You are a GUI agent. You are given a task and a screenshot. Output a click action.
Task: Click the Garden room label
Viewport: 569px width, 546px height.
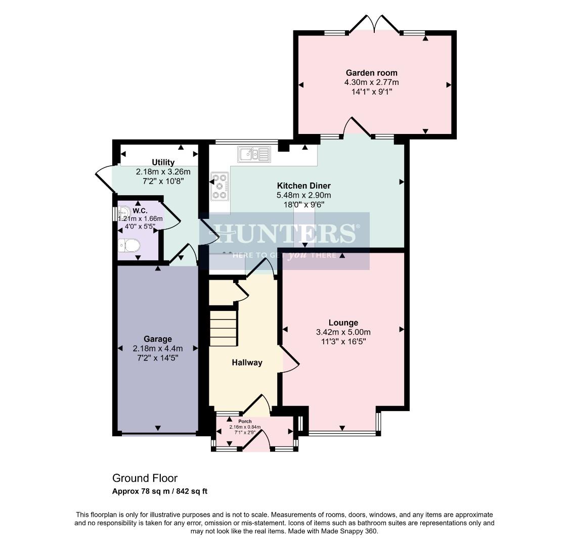click(x=371, y=73)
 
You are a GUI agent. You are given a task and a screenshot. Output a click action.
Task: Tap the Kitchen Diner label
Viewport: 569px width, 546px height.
click(x=303, y=186)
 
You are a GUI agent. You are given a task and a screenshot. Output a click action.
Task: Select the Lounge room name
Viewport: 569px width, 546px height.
click(x=343, y=323)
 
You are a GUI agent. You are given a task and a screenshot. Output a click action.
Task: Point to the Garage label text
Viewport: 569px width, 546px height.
click(x=157, y=339)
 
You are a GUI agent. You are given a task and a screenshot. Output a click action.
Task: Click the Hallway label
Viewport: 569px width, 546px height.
click(x=247, y=362)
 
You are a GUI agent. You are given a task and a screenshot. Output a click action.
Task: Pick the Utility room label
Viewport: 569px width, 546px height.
click(x=163, y=162)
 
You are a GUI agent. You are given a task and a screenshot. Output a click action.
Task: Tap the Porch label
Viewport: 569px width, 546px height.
click(x=245, y=422)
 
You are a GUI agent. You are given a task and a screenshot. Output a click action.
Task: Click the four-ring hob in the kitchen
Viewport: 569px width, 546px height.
click(x=220, y=186)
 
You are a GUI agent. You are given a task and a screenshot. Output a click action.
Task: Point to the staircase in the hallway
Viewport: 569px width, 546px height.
click(x=223, y=328)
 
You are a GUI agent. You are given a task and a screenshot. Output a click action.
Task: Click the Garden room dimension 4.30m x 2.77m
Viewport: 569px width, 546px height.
click(x=371, y=82)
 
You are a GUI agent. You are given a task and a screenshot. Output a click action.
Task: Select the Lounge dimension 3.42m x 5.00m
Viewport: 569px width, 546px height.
click(x=343, y=332)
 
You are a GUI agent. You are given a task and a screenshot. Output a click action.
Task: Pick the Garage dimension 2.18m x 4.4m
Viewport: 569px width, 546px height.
click(x=157, y=348)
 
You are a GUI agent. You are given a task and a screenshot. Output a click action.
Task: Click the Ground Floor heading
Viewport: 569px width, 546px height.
click(x=145, y=478)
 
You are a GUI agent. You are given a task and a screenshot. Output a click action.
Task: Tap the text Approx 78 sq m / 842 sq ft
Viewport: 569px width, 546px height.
click(x=160, y=491)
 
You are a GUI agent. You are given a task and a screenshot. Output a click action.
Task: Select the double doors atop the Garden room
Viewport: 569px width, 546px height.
click(x=374, y=25)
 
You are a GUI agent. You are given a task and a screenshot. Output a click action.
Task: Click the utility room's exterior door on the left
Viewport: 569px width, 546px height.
click(x=105, y=179)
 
